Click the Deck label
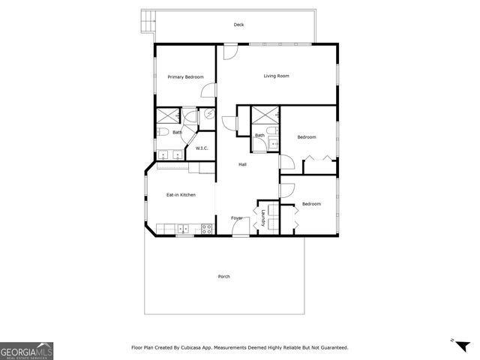(238, 25)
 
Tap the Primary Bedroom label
(185, 76)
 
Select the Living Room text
(276, 76)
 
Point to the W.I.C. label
(202, 148)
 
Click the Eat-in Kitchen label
(181, 195)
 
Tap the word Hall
(243, 164)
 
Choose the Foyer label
(237, 217)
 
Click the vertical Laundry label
(263, 217)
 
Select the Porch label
(223, 277)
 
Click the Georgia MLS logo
(26, 350)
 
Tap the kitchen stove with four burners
(206, 228)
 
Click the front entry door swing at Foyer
(240, 228)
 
